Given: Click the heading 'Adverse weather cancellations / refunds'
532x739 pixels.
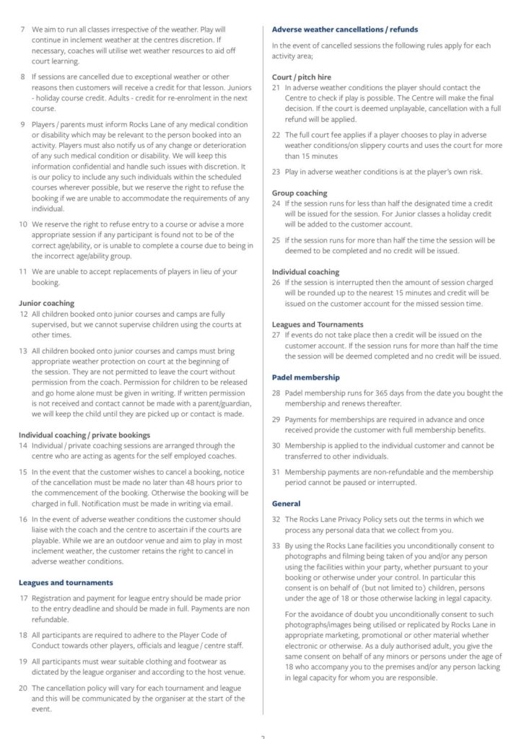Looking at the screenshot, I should point(344,30).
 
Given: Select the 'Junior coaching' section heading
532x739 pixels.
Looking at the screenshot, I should point(46,304).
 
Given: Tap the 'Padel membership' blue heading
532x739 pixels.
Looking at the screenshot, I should point(305,377).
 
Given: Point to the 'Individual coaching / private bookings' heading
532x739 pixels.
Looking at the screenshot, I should point(84,435).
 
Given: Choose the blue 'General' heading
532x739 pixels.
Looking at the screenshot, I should point(286,503).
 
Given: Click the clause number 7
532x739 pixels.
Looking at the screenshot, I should point(22,30).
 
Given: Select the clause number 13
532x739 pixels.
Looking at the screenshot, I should point(23,351).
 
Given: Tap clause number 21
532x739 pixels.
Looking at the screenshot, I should point(276,87).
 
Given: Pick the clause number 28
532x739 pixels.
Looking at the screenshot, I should point(276,393).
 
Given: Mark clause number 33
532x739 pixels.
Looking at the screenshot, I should point(276,546).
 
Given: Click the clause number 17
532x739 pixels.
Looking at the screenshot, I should point(23,598).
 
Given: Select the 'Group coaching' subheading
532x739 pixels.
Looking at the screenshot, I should point(299,193).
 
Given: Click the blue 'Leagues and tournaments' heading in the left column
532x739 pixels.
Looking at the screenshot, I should point(66,582).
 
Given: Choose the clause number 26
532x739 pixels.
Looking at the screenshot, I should point(276,283).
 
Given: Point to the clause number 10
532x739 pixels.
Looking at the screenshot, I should point(23,224).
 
